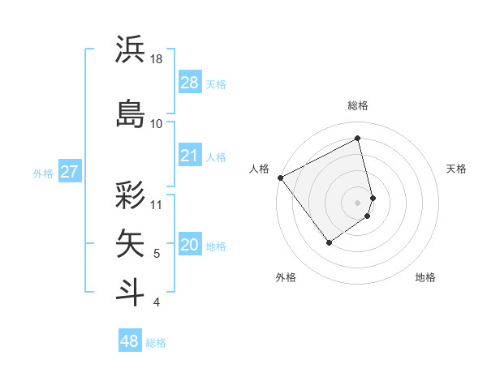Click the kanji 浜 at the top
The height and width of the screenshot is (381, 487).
pos(130,50)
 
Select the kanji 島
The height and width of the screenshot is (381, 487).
pos(130,113)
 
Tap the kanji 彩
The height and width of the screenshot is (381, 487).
pos(130,195)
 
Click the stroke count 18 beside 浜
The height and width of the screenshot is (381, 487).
pos(157,59)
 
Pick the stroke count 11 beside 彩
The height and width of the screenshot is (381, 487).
pos(157,204)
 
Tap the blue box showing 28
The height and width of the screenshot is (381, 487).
pos(189,83)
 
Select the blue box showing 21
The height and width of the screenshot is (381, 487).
pos(189,156)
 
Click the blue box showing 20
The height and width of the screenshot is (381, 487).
pos(189,246)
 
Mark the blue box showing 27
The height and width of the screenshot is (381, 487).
pos(69,172)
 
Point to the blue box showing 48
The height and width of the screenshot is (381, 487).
pos(129,341)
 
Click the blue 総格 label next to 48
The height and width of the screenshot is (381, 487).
pos(156,343)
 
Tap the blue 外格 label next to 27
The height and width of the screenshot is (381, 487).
pos(43,173)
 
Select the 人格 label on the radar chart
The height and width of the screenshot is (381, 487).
pos(259,169)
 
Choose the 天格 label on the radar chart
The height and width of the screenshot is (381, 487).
pos(456,169)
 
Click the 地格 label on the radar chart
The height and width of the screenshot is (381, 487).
pos(425,277)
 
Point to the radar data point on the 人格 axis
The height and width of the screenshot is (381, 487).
pos(280,178)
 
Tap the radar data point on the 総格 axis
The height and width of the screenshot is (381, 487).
pos(357,138)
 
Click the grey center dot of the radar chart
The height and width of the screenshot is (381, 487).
pos(357,202)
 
